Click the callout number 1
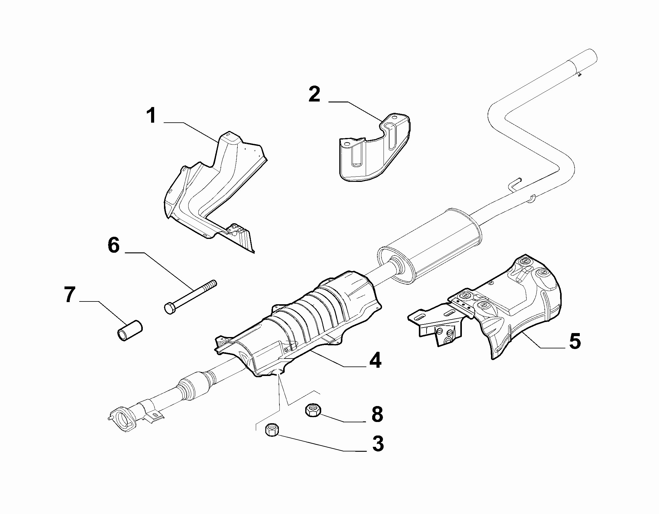coord(151,116)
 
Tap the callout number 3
coord(378,443)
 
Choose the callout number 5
coord(575,341)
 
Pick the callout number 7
coord(69,295)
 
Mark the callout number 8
coord(377,414)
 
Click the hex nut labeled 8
coord(313,410)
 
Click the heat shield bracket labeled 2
coord(375,148)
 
